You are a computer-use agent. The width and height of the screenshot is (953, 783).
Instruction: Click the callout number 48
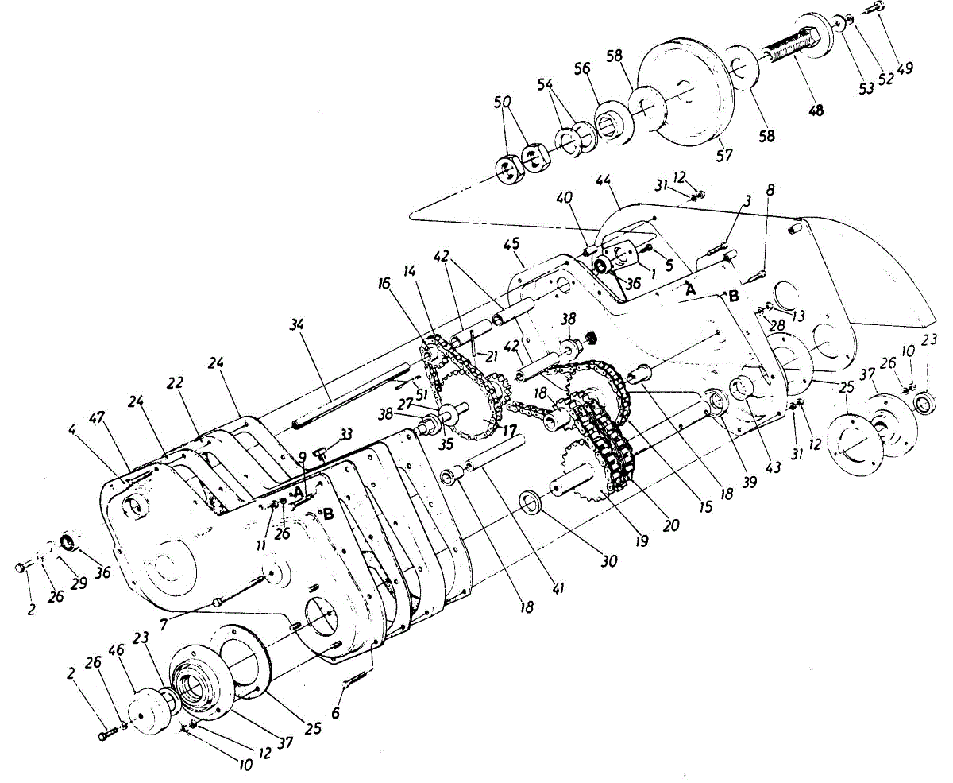coord(816,110)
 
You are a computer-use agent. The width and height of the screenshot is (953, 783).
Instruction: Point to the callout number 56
coord(582,68)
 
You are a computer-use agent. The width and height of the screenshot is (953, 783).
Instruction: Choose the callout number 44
coord(604,180)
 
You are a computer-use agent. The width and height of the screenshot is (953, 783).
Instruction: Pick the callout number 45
coord(511,244)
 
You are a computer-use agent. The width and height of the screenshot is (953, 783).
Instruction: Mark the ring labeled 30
coord(531,502)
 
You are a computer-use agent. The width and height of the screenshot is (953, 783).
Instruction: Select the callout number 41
coord(559,589)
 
